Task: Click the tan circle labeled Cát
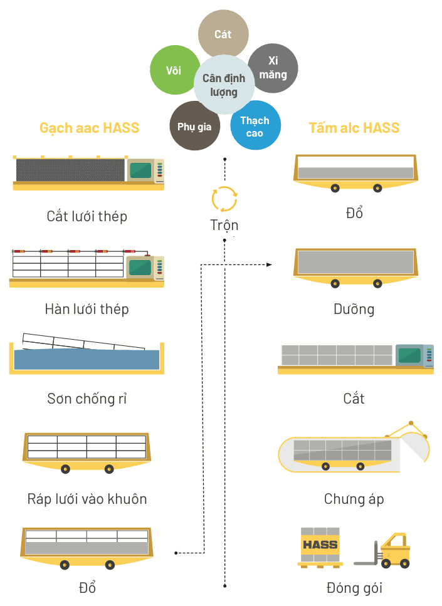coord(223,34)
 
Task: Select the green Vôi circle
coord(174,70)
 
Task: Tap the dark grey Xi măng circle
coord(273,68)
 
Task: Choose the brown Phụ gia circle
coord(194,126)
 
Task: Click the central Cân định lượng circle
coord(224,85)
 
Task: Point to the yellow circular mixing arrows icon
coord(224,199)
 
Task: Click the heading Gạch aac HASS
coord(90,128)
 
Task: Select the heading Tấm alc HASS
coord(354,128)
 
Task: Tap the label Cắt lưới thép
coord(87,216)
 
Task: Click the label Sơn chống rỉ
coord(87,398)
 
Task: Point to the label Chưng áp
coord(354,499)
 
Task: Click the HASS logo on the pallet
coord(320,545)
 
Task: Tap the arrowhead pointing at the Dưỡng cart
coord(270,265)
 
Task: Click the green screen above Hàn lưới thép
coord(140,267)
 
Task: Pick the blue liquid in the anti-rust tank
coord(87,360)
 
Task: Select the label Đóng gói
coord(354,588)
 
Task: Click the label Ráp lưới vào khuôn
coord(87,499)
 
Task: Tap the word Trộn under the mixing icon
coord(224,226)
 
